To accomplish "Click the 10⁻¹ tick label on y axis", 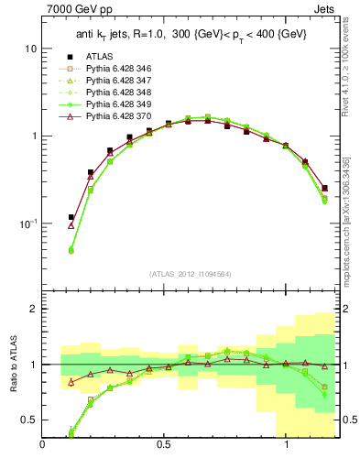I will click(27, 224).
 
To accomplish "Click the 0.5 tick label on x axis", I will click(164, 445).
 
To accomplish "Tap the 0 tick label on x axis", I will click(43, 445).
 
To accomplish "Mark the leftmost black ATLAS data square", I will click(71, 217).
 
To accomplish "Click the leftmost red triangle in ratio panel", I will click(71, 382).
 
